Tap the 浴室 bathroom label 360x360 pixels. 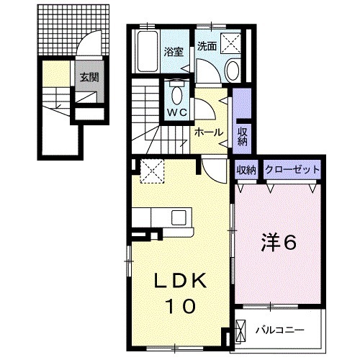173,52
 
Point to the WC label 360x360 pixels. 178,113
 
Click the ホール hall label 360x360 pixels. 209,133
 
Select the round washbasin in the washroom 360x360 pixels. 233,69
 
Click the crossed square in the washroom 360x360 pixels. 232,42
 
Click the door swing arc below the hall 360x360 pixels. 215,170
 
